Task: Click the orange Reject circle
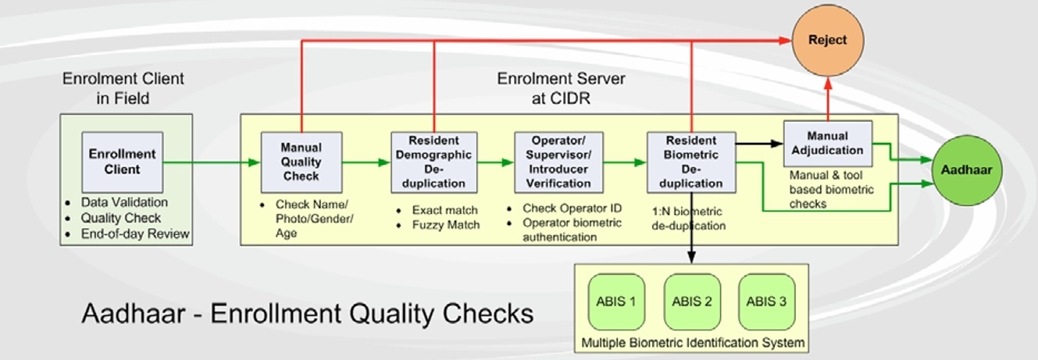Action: (828, 41)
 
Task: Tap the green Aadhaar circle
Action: (967, 170)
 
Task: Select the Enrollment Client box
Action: (123, 162)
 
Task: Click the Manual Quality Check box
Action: (301, 162)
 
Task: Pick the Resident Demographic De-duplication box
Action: (433, 162)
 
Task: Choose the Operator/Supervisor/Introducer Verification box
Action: (559, 162)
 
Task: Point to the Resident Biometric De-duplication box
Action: (691, 162)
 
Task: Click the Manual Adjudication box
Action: (828, 144)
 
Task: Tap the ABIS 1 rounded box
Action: (616, 301)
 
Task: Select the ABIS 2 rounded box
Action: (692, 301)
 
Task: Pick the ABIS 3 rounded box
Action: (766, 301)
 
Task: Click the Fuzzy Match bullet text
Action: (446, 225)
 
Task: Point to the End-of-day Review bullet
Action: (135, 234)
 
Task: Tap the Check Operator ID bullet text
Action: (572, 209)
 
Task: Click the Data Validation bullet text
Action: (124, 202)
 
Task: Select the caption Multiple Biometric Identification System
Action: (693, 343)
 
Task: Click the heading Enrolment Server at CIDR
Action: (561, 88)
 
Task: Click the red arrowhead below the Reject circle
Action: (828, 84)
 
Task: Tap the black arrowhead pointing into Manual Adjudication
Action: (777, 144)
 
